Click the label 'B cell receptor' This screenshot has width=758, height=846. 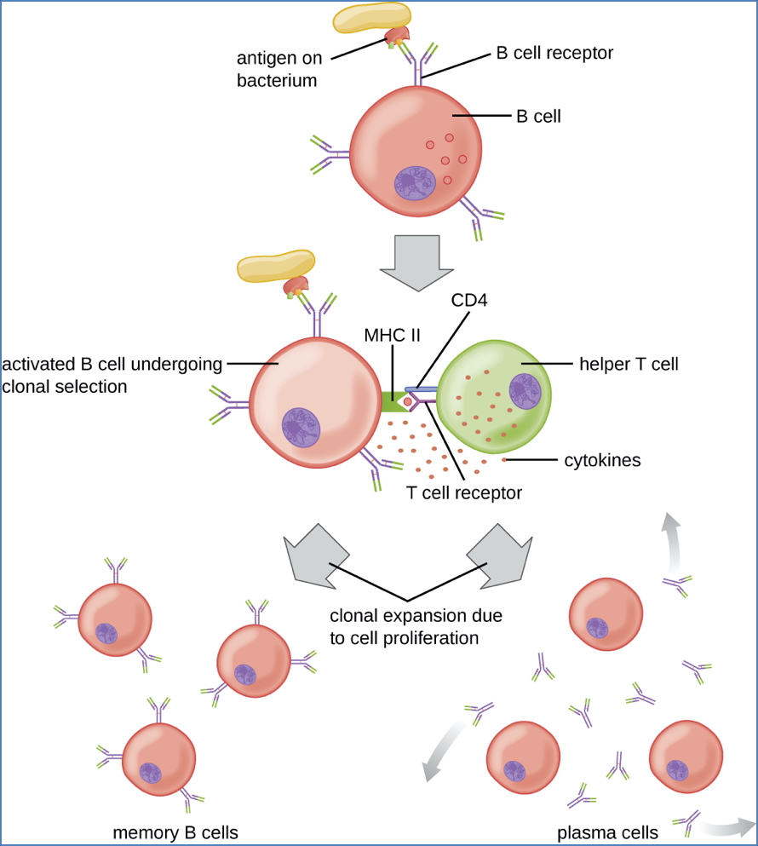(554, 53)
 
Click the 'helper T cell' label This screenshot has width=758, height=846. (629, 365)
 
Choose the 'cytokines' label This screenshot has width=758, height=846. (602, 461)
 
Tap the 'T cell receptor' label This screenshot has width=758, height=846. (463, 492)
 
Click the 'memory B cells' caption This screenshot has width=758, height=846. (175, 832)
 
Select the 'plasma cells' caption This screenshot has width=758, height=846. (607, 832)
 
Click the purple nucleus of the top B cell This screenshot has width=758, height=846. (415, 182)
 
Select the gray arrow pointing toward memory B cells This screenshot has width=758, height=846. (314, 556)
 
